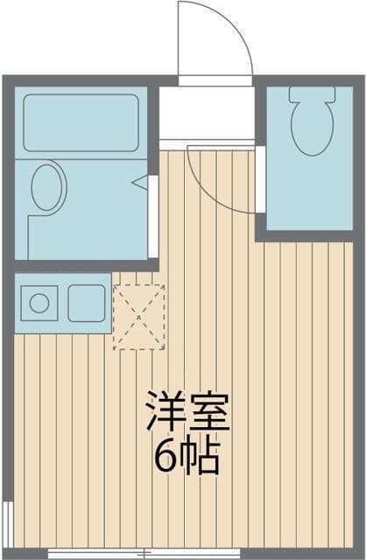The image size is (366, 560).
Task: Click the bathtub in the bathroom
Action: point(81,122)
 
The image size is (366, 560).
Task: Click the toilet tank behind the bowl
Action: point(313,94)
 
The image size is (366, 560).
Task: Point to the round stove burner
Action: point(39,304)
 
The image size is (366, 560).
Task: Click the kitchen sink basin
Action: point(87,304)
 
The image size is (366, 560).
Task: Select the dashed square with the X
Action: point(139,317)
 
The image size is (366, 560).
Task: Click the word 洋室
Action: point(188,411)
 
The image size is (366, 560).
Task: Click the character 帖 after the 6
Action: point(200,457)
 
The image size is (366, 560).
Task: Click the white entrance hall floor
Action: point(207,113)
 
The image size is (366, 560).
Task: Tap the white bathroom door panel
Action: point(153,216)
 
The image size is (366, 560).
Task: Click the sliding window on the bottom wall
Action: point(144,554)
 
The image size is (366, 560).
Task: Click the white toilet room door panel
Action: point(261,179)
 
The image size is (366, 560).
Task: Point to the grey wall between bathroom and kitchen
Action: point(86,266)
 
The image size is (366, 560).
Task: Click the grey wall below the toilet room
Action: point(305,236)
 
